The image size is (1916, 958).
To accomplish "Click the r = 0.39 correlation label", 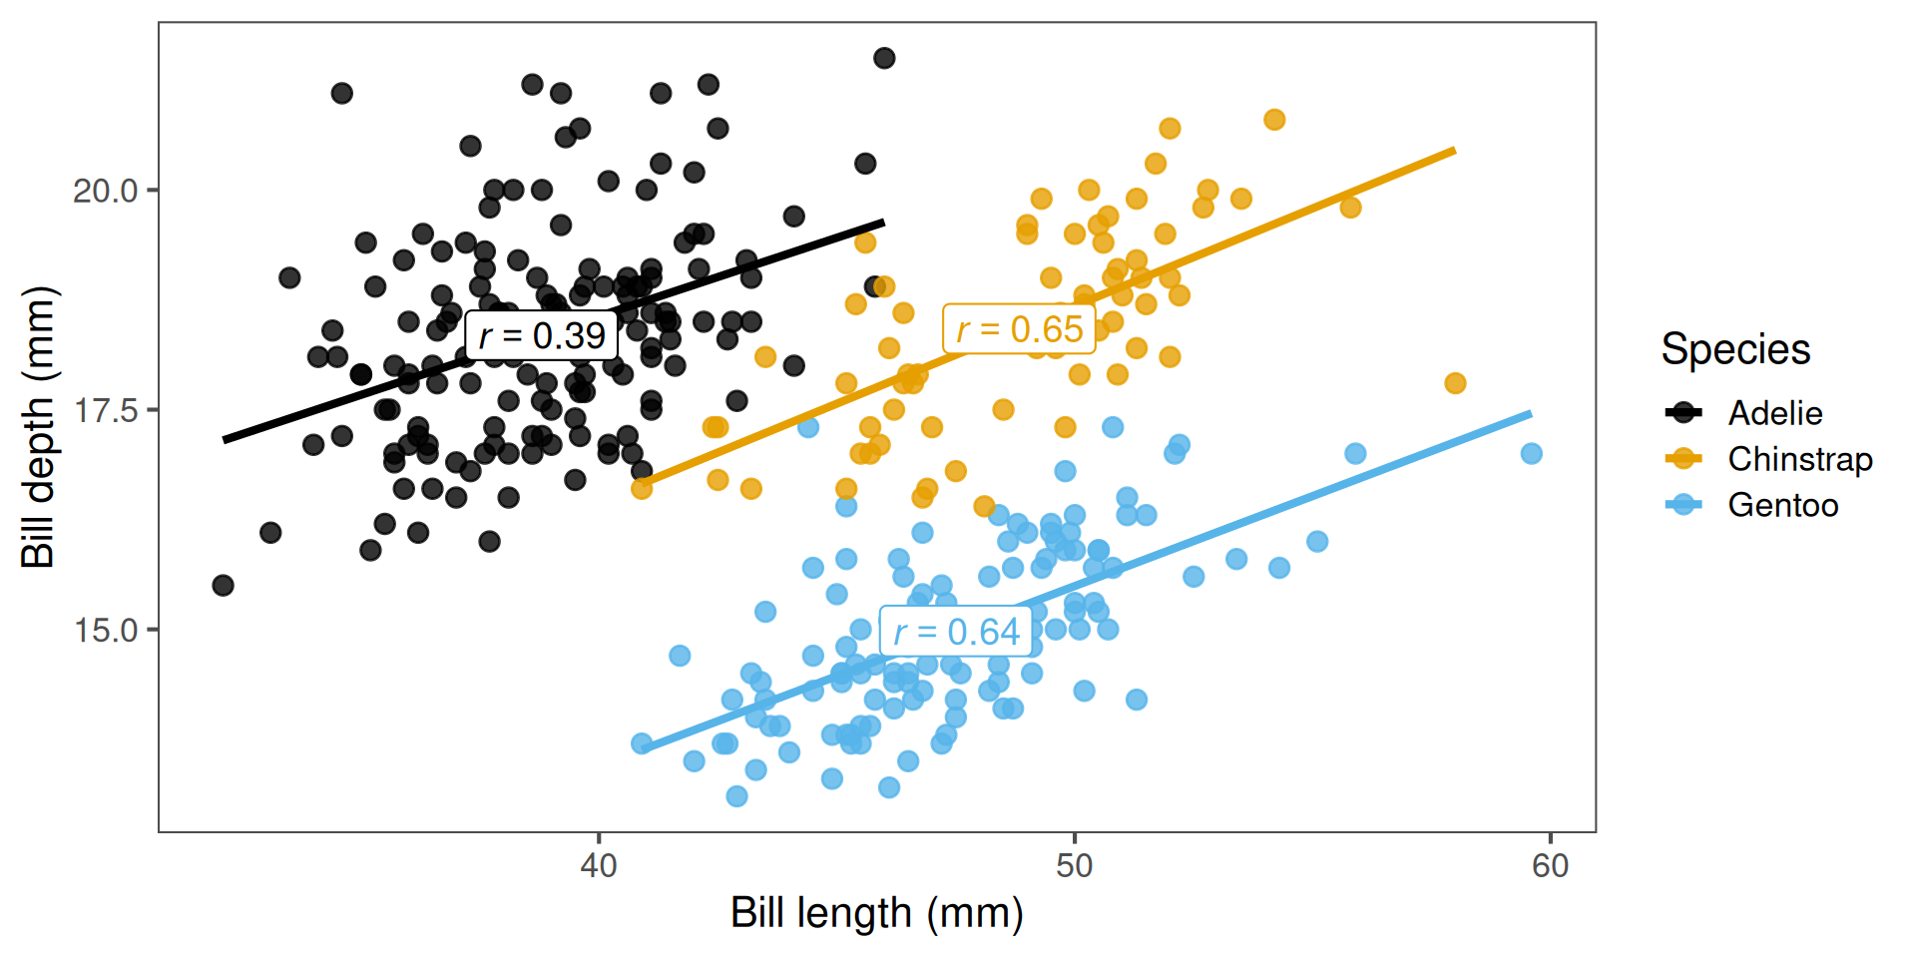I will click(541, 335).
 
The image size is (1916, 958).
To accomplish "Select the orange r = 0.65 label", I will click(1019, 329).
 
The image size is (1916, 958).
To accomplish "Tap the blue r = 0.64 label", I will click(956, 632).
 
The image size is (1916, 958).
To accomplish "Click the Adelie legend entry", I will click(1774, 413).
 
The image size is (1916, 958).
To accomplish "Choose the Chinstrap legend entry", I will click(1799, 459).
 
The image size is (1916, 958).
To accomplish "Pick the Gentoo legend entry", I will click(1782, 505).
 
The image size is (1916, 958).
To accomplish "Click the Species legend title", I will click(1735, 349).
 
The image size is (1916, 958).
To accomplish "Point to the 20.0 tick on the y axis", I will click(105, 191).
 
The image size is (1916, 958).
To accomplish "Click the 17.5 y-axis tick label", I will click(105, 410).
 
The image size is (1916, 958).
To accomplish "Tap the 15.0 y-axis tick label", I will click(105, 631).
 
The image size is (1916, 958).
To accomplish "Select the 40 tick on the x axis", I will click(599, 865).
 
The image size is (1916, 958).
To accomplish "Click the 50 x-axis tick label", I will click(1075, 865).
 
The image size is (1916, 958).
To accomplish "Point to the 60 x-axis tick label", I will click(1551, 865).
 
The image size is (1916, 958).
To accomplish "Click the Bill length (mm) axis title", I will click(877, 913).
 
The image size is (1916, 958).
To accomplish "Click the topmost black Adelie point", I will click(884, 58).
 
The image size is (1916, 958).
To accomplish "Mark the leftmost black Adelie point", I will click(224, 585).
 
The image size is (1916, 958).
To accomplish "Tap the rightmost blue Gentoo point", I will click(1531, 454).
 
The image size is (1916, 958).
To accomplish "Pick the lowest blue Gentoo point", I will click(736, 796).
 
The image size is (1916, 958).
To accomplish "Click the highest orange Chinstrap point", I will click(1274, 120).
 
